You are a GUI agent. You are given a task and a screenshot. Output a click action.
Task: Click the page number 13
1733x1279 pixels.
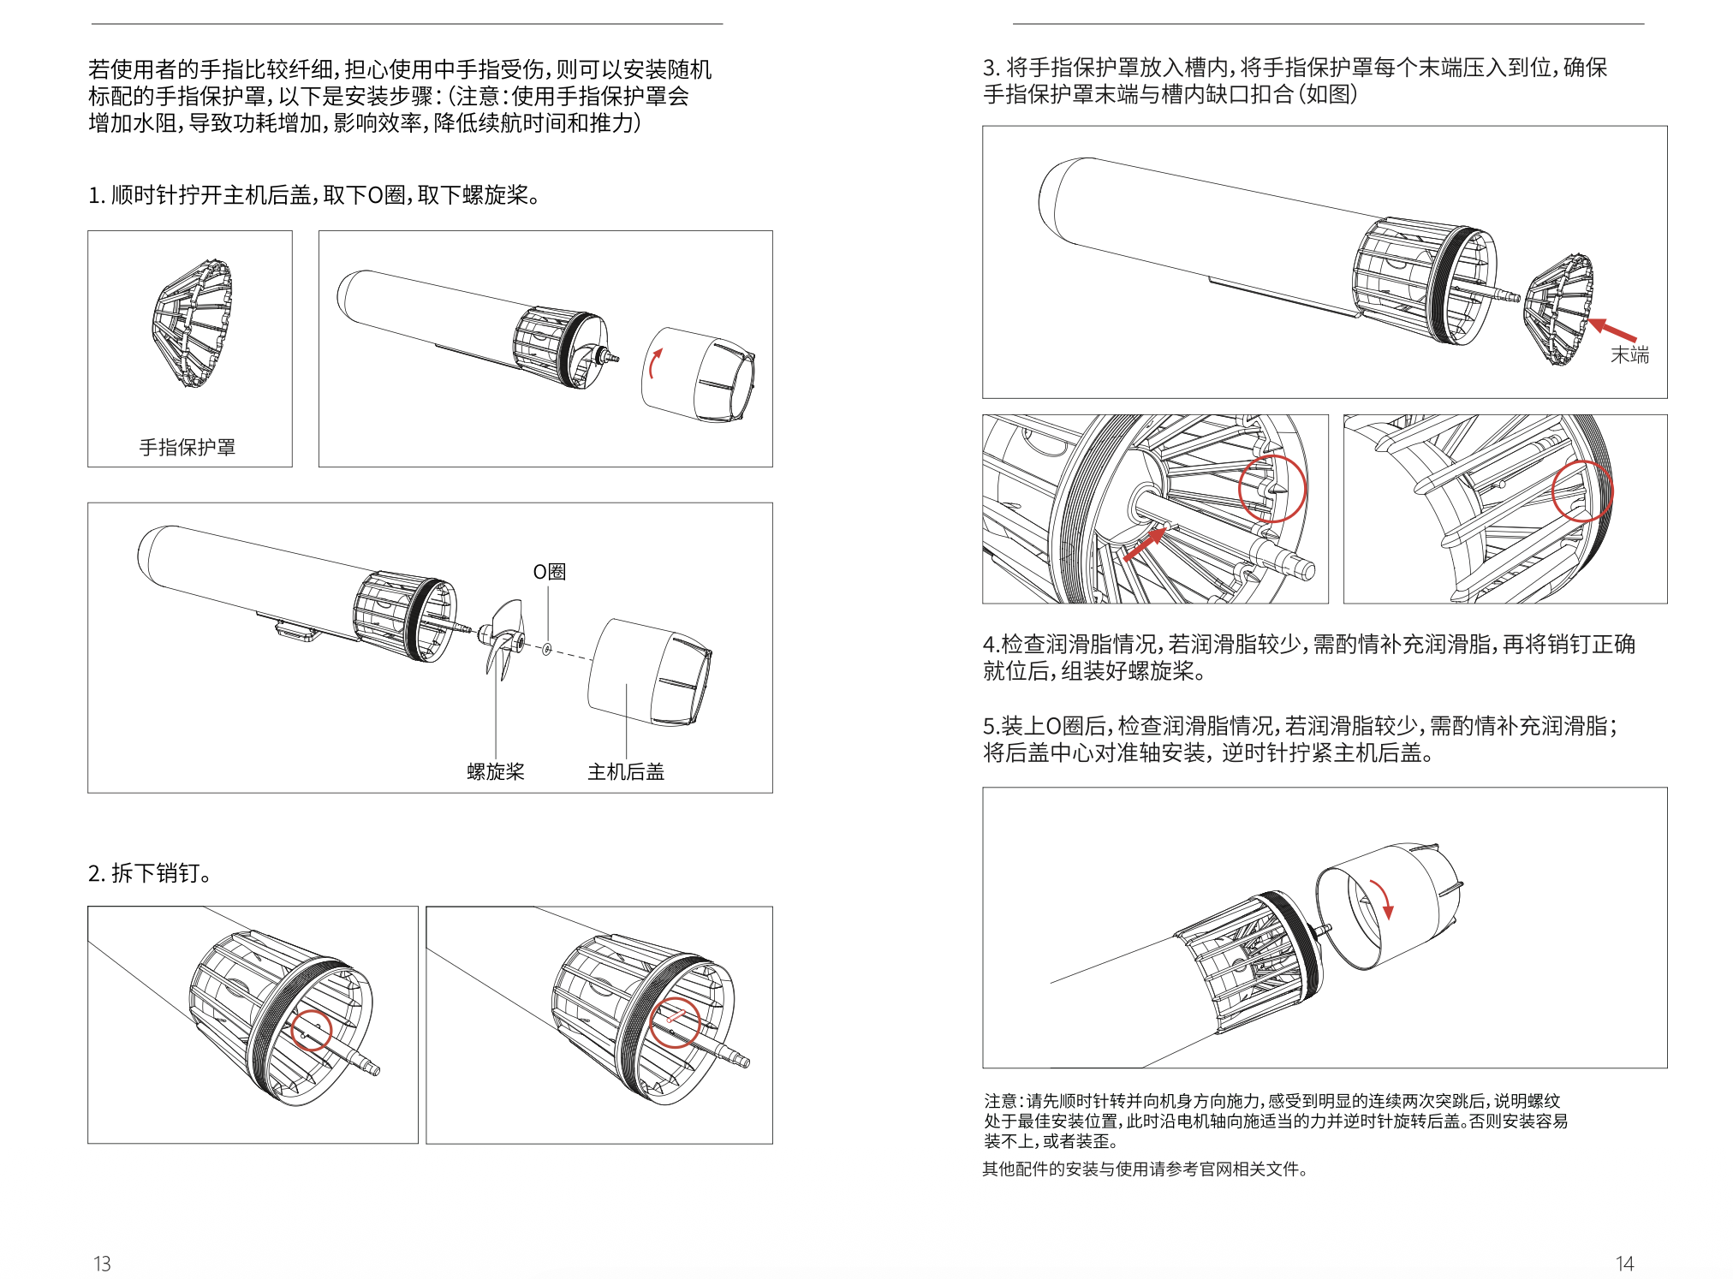click(102, 1264)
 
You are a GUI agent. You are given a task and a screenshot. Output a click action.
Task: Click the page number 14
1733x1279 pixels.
click(1624, 1264)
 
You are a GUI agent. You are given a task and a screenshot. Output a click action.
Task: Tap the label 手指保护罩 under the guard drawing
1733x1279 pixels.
click(188, 447)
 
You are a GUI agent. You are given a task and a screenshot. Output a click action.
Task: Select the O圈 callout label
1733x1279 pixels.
click(550, 571)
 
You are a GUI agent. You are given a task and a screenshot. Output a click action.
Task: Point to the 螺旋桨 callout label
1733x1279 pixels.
click(496, 771)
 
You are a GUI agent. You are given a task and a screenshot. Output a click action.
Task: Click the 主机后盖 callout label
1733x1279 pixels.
click(626, 771)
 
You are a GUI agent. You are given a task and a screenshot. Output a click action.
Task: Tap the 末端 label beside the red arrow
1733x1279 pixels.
click(1629, 354)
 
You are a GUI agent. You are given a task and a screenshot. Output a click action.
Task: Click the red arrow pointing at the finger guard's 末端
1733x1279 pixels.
click(1612, 330)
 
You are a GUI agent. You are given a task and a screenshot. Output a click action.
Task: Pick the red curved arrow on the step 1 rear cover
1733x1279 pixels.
click(655, 363)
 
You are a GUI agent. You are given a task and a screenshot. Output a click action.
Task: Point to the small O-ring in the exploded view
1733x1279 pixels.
click(547, 650)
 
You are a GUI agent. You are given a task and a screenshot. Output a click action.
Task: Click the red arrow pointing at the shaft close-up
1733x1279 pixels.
click(1144, 544)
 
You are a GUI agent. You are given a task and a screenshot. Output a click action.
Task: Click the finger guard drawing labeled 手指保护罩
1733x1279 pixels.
click(193, 324)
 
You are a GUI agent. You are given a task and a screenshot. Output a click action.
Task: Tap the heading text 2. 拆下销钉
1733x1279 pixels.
click(150, 873)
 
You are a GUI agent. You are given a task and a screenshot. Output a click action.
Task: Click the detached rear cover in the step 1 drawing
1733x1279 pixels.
click(698, 374)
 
